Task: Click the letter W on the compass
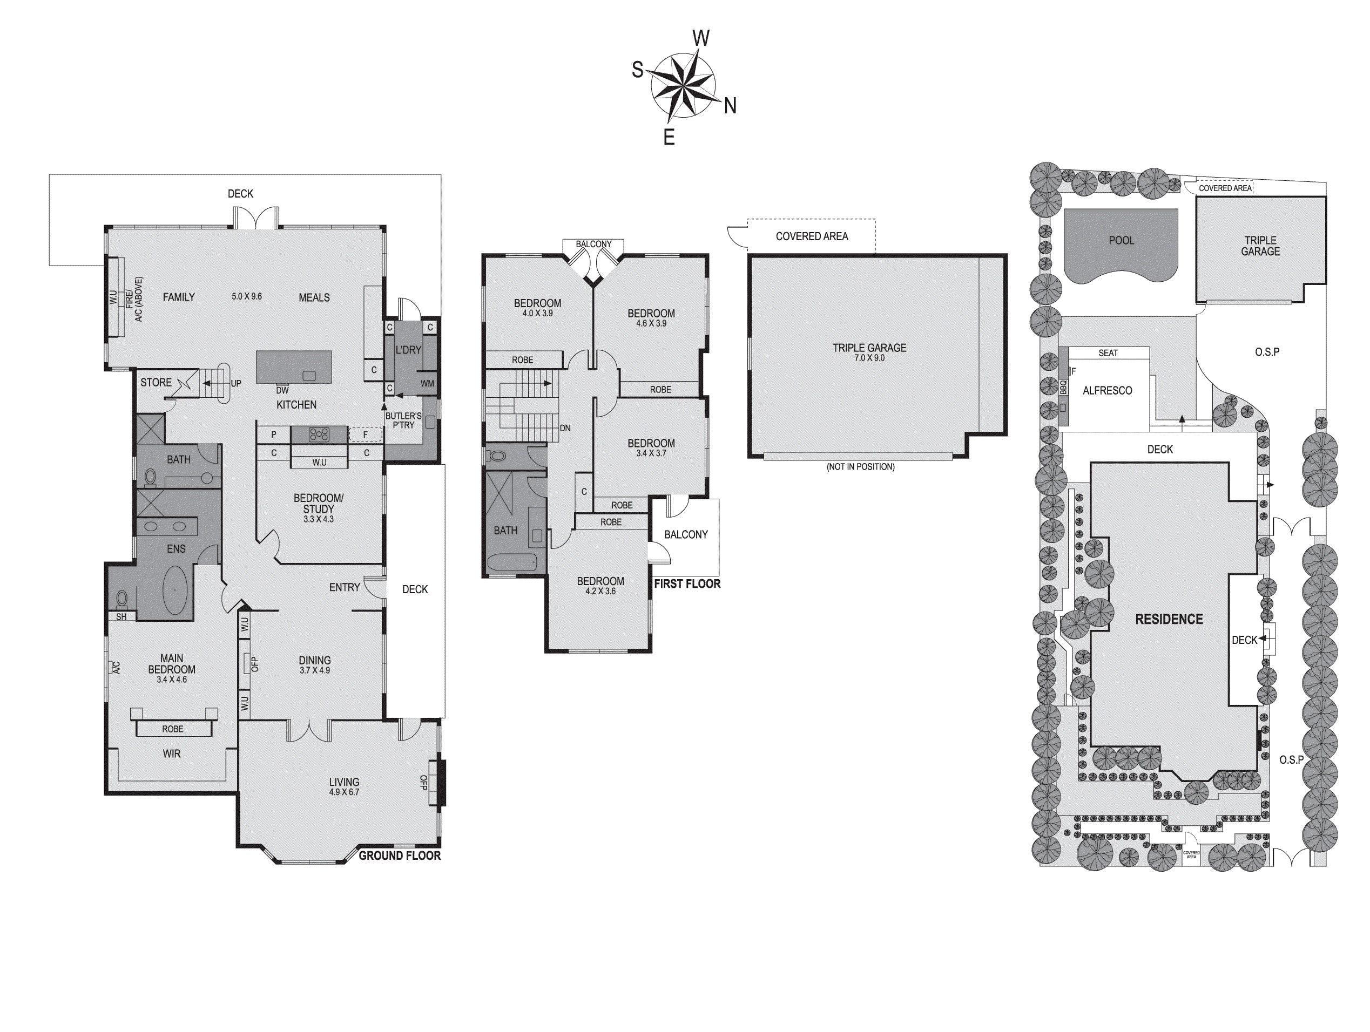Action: [700, 38]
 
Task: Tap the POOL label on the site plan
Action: [1121, 240]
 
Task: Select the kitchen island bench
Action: [294, 367]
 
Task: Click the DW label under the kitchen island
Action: [282, 390]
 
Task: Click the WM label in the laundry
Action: [427, 383]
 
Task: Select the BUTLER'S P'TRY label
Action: [403, 420]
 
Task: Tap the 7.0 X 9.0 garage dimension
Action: [869, 358]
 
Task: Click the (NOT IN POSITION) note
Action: [860, 467]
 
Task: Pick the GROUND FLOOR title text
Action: [400, 856]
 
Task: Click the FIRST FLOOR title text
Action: [687, 584]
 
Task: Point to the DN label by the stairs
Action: [565, 428]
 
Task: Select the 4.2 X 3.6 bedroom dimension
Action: [600, 591]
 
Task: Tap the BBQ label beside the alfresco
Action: [1063, 388]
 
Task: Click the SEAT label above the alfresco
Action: [1108, 353]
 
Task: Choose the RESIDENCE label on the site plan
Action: [1169, 619]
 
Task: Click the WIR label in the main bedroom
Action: [172, 753]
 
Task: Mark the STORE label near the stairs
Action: [156, 383]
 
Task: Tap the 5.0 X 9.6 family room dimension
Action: [246, 296]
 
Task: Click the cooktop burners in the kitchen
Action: [319, 434]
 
